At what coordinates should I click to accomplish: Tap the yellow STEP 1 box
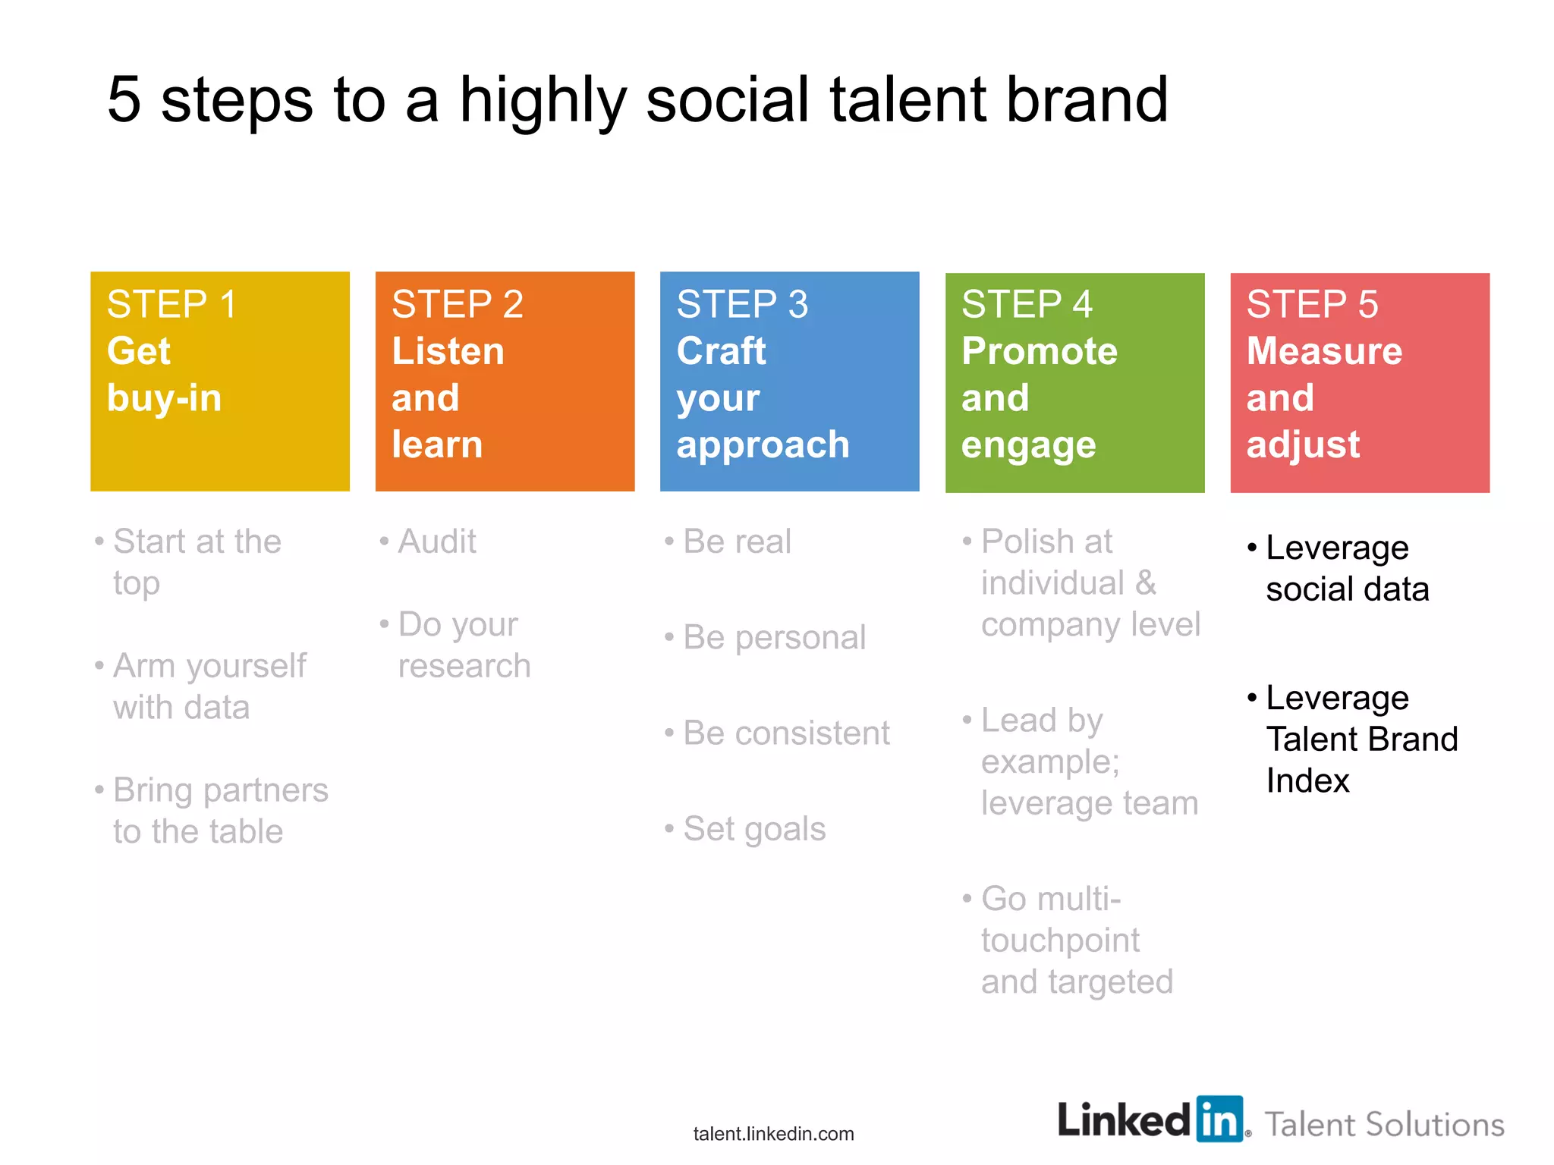pos(220,382)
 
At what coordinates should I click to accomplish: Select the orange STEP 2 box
pos(505,382)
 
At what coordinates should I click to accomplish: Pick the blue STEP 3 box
pos(789,382)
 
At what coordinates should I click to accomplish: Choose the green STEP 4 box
pos(1074,382)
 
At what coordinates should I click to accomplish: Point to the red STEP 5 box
pos(1360,382)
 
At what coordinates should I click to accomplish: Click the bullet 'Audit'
pos(437,542)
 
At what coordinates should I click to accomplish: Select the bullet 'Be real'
pos(736,542)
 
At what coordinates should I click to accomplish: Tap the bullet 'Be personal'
pos(773,637)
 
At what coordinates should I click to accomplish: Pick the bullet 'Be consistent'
pos(785,733)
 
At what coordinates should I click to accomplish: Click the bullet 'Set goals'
pos(753,828)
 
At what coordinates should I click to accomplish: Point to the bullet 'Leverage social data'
pos(1346,568)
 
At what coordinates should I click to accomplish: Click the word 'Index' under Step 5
pos(1307,780)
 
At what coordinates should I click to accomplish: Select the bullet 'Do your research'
pos(463,645)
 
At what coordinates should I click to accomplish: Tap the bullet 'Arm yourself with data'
pos(209,686)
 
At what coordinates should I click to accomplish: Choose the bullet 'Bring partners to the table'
pos(220,811)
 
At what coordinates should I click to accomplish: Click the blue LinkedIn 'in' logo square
pos(1219,1119)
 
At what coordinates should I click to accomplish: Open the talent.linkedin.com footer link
pos(773,1134)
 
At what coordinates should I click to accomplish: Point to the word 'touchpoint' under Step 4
pos(1059,940)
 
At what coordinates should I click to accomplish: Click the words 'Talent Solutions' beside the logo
pos(1384,1124)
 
